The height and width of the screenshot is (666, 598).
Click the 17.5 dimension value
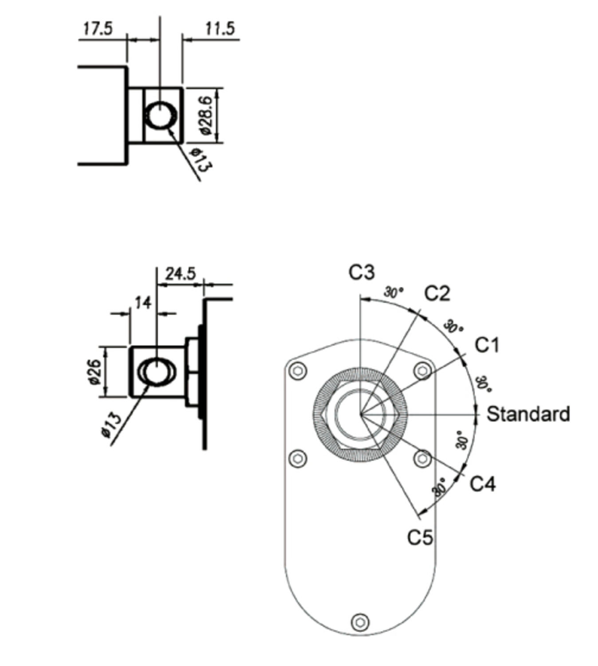tap(98, 29)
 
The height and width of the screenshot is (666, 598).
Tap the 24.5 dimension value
tap(180, 274)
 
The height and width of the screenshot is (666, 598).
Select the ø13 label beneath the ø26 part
tap(111, 424)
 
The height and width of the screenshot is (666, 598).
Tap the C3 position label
tap(361, 272)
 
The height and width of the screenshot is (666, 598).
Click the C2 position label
tap(437, 293)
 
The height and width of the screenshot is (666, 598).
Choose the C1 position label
tap(487, 345)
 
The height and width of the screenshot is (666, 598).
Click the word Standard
tap(528, 414)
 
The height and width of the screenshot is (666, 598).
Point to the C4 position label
tap(482, 484)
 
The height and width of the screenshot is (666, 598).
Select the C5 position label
tap(420, 538)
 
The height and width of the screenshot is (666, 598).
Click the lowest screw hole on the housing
tap(360, 622)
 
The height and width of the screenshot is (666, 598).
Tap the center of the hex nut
tap(360, 414)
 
